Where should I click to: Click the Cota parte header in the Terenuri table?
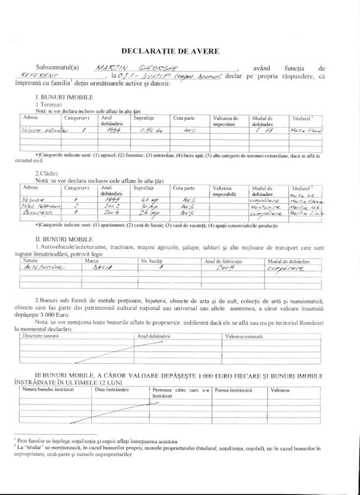(x=183, y=119)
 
